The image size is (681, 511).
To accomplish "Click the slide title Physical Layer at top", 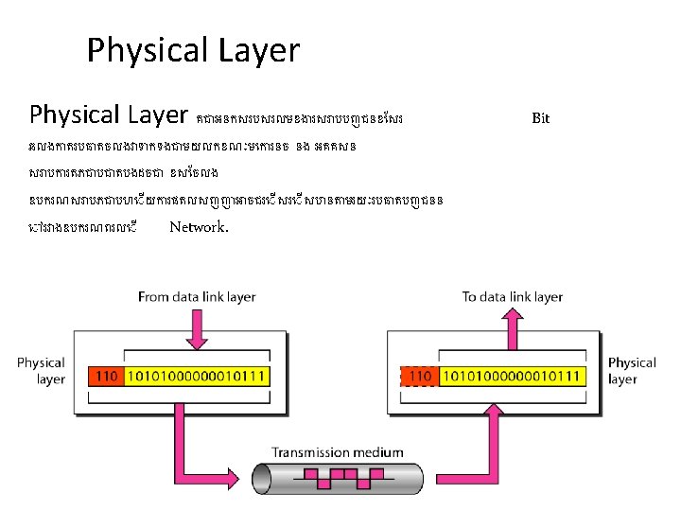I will click(x=193, y=50).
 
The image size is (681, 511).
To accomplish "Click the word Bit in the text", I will click(x=540, y=118).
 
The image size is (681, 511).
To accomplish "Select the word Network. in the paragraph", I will click(x=199, y=227).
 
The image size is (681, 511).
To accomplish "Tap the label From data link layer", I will click(x=197, y=297).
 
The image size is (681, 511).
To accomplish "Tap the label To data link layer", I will click(x=512, y=297).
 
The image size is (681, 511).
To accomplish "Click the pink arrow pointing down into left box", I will click(x=197, y=331).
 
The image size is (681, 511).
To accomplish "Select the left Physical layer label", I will click(x=41, y=371).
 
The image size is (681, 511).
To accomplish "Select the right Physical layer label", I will click(x=631, y=371).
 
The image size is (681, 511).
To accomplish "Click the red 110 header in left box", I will click(x=107, y=377).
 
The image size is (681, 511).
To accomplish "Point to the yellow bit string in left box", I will click(x=195, y=377).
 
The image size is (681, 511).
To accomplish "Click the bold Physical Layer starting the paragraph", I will click(x=109, y=115).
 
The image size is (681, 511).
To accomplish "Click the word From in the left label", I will click(x=154, y=297).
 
